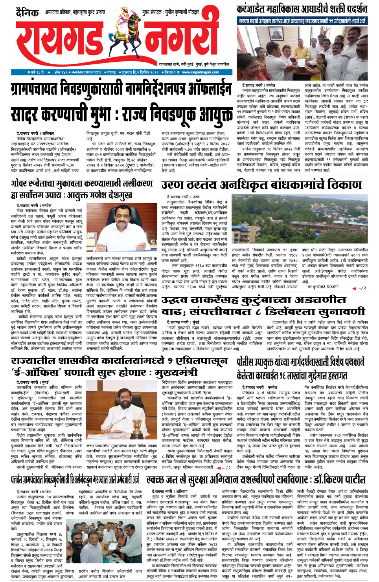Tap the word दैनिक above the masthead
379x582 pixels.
coord(27,13)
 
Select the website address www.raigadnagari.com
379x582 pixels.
coord(201,72)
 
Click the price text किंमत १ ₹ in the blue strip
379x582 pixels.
coord(172,72)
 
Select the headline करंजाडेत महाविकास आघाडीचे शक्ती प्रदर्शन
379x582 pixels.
coord(302,9)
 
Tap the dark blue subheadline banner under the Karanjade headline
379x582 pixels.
coord(302,21)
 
